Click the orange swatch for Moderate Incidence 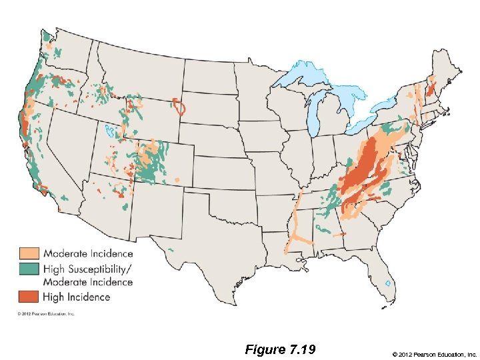click(x=28, y=253)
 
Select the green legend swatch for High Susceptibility click(x=28, y=269)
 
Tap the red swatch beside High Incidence click(x=28, y=296)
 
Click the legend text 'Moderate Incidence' click(x=88, y=253)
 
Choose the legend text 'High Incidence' click(x=77, y=297)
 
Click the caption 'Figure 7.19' click(x=280, y=350)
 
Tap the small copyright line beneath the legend click(x=47, y=313)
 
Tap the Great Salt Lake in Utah click(x=110, y=130)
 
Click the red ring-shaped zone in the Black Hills click(x=179, y=107)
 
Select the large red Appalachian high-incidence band click(x=363, y=170)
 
